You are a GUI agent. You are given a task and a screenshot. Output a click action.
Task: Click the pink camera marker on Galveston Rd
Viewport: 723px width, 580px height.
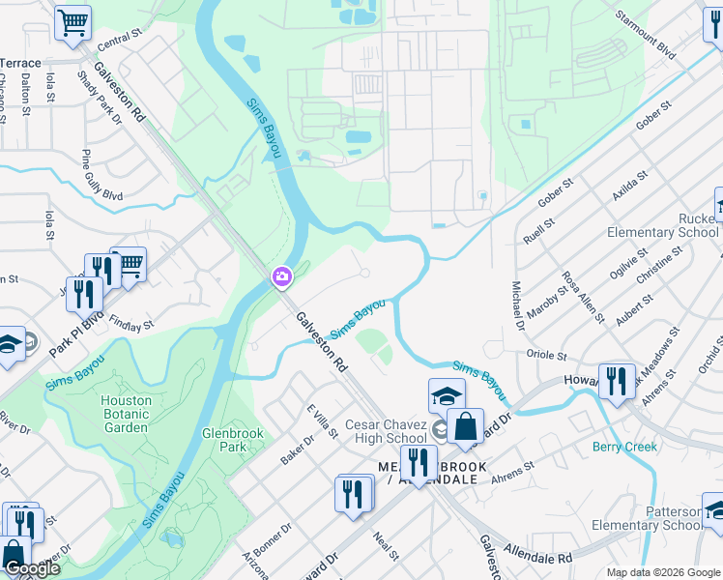pos(281,277)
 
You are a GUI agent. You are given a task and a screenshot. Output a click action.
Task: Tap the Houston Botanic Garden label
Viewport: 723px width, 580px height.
pos(127,414)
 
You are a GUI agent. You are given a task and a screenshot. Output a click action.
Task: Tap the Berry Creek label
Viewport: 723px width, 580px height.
pos(624,447)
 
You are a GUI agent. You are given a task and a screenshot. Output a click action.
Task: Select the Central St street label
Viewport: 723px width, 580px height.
pos(119,40)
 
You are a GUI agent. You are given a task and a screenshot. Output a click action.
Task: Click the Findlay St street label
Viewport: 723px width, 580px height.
pos(131,322)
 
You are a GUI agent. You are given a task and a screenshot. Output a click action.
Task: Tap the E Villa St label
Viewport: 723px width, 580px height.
pos(322,420)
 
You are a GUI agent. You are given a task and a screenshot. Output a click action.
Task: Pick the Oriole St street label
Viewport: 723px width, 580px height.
pos(545,355)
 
